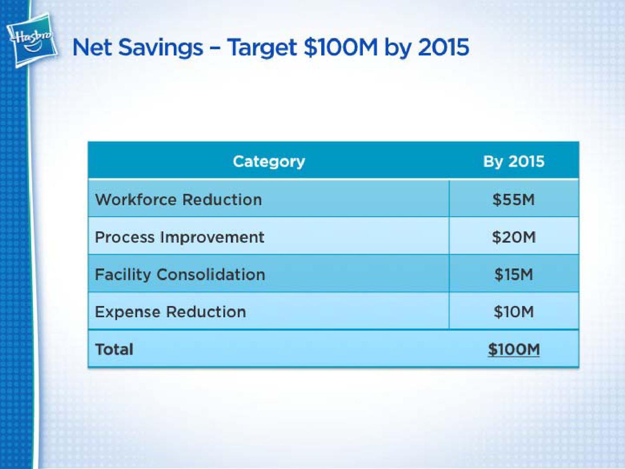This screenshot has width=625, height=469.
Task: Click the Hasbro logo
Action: [32, 40]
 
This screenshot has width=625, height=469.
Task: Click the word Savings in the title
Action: [161, 48]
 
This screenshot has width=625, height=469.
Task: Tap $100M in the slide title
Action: [341, 48]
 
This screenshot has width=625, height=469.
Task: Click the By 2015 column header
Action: [514, 161]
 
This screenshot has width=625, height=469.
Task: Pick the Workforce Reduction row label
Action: [178, 199]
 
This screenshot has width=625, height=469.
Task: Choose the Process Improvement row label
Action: [180, 238]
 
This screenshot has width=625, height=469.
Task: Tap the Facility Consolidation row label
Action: [180, 275]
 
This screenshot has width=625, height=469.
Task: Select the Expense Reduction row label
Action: [170, 312]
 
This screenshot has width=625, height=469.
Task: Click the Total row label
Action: [114, 349]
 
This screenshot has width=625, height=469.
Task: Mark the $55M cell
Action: [514, 199]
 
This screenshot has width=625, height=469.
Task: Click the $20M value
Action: [514, 237]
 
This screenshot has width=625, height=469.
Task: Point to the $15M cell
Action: [514, 275]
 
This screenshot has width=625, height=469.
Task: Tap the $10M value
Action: [514, 312]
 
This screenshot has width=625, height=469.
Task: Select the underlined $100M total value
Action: [514, 349]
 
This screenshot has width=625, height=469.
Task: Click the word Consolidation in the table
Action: [211, 274]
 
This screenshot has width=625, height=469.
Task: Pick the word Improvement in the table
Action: [212, 238]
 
